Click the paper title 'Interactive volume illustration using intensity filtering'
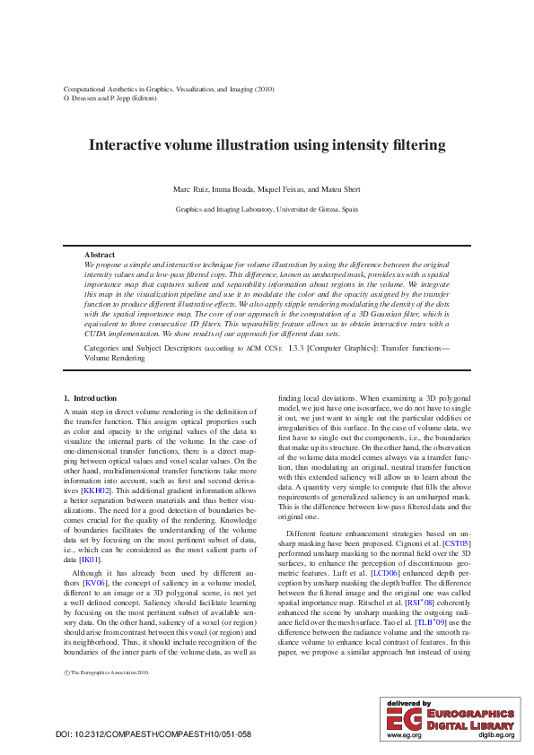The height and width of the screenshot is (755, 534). (267, 144)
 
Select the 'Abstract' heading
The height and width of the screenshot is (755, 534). (100, 256)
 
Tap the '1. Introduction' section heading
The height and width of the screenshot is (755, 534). (90, 397)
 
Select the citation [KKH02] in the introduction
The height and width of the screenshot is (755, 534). (96, 490)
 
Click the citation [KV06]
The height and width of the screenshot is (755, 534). (95, 582)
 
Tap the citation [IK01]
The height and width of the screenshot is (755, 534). (89, 560)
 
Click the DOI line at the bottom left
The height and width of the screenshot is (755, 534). (153, 734)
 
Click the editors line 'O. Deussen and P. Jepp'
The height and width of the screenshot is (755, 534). (105, 97)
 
